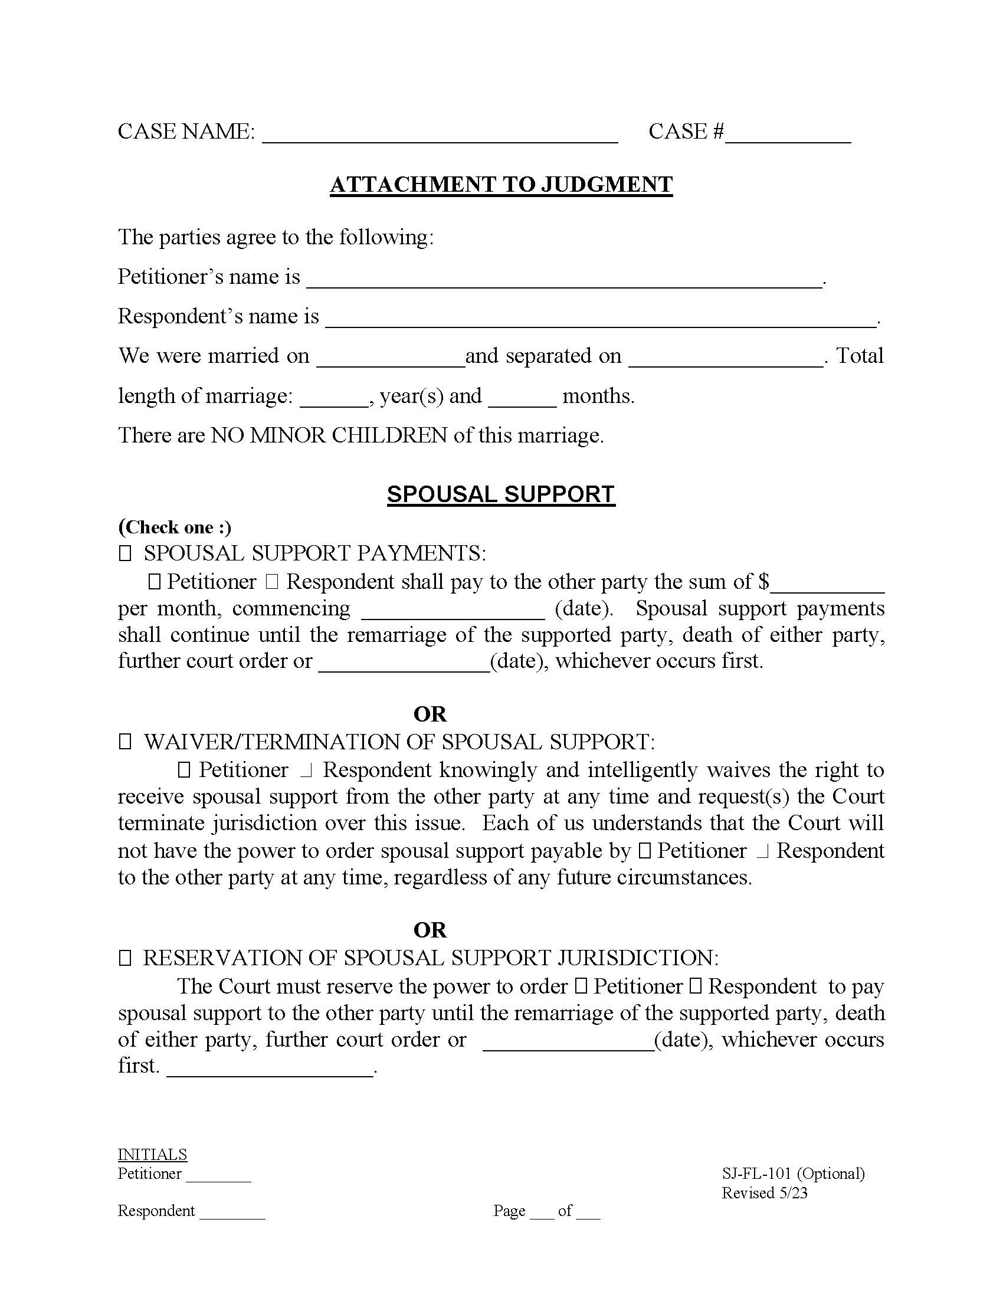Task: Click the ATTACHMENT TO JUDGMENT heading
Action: [x=501, y=185]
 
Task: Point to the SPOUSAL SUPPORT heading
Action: [x=501, y=494]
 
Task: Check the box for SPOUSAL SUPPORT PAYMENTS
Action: [x=124, y=554]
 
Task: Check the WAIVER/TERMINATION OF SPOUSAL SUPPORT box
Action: [x=124, y=742]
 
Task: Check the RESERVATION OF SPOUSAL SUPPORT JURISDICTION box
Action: [x=124, y=958]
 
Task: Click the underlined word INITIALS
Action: [x=152, y=1154]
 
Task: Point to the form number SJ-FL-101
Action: [x=756, y=1174]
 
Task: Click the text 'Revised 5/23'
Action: [x=764, y=1193]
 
